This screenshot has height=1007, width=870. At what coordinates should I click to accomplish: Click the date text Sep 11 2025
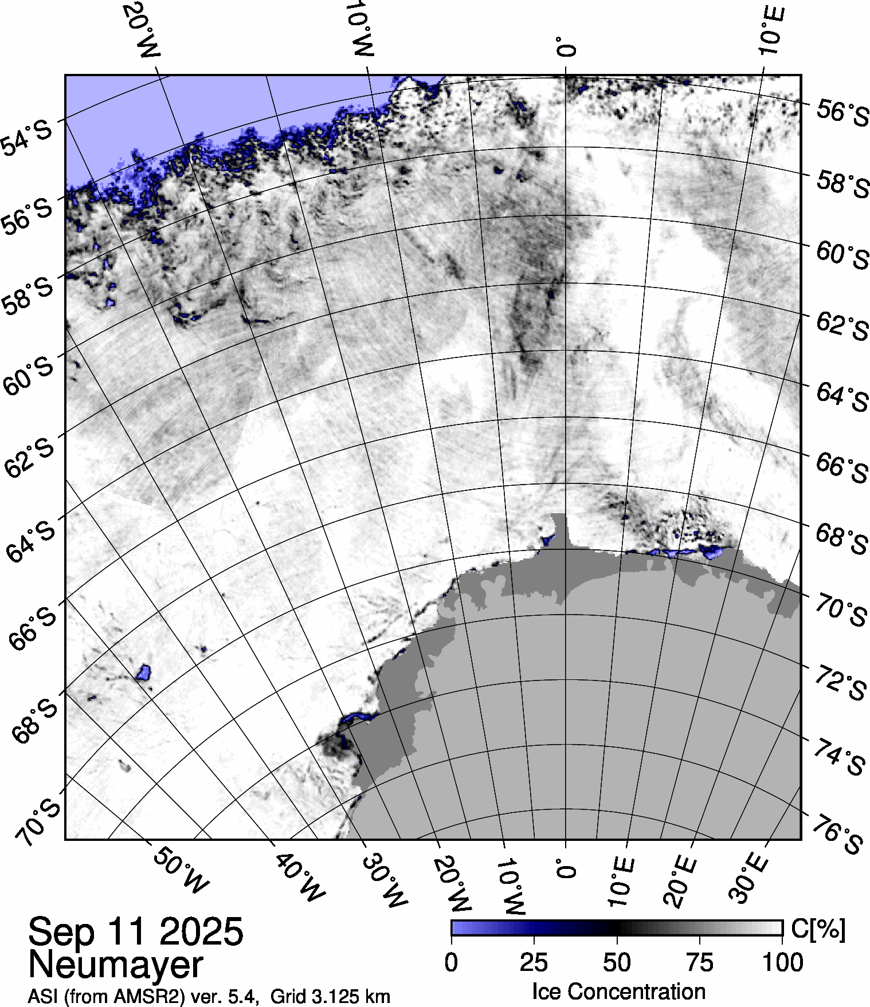coord(136,931)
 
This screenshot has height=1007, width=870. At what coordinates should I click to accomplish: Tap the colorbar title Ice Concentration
coord(618,992)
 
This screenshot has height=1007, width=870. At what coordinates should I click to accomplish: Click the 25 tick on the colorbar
coord(534,963)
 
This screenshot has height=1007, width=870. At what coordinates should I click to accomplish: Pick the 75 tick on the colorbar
coord(699,963)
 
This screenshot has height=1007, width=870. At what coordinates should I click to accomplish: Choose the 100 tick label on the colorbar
coord(783,963)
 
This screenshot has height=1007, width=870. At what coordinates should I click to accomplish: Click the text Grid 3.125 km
coord(330,997)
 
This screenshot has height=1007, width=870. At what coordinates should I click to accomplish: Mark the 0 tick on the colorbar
coord(451,963)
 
